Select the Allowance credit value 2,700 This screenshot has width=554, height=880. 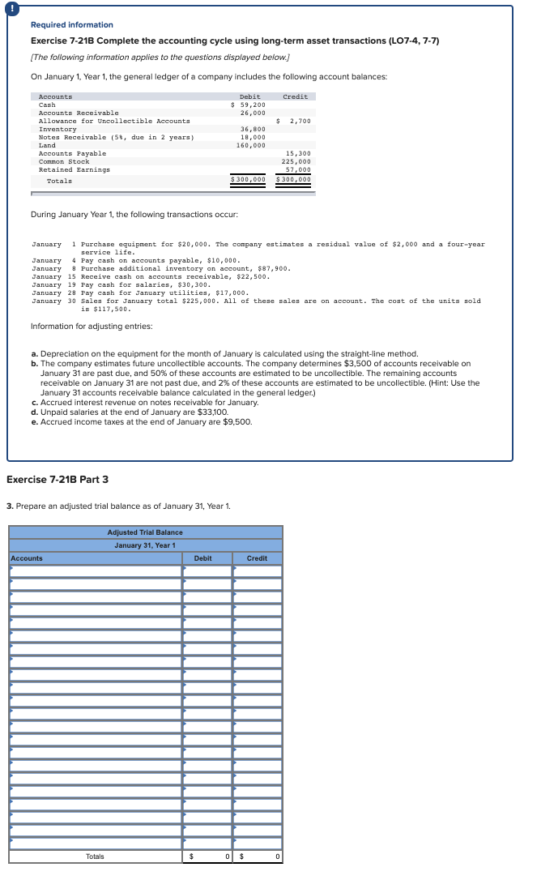296,121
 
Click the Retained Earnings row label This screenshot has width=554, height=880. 75,169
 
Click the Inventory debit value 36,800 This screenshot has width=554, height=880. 253,129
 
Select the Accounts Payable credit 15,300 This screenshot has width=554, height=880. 299,153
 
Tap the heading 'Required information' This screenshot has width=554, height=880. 72,25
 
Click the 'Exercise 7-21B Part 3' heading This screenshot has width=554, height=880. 57,480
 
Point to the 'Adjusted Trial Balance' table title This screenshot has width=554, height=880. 145,532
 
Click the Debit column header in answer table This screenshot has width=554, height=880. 202,558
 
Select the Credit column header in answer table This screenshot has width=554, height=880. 257,558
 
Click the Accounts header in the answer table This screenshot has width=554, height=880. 28,558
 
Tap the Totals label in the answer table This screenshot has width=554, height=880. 95,857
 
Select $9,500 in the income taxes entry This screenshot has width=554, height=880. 238,421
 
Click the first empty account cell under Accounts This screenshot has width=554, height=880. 96,571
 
